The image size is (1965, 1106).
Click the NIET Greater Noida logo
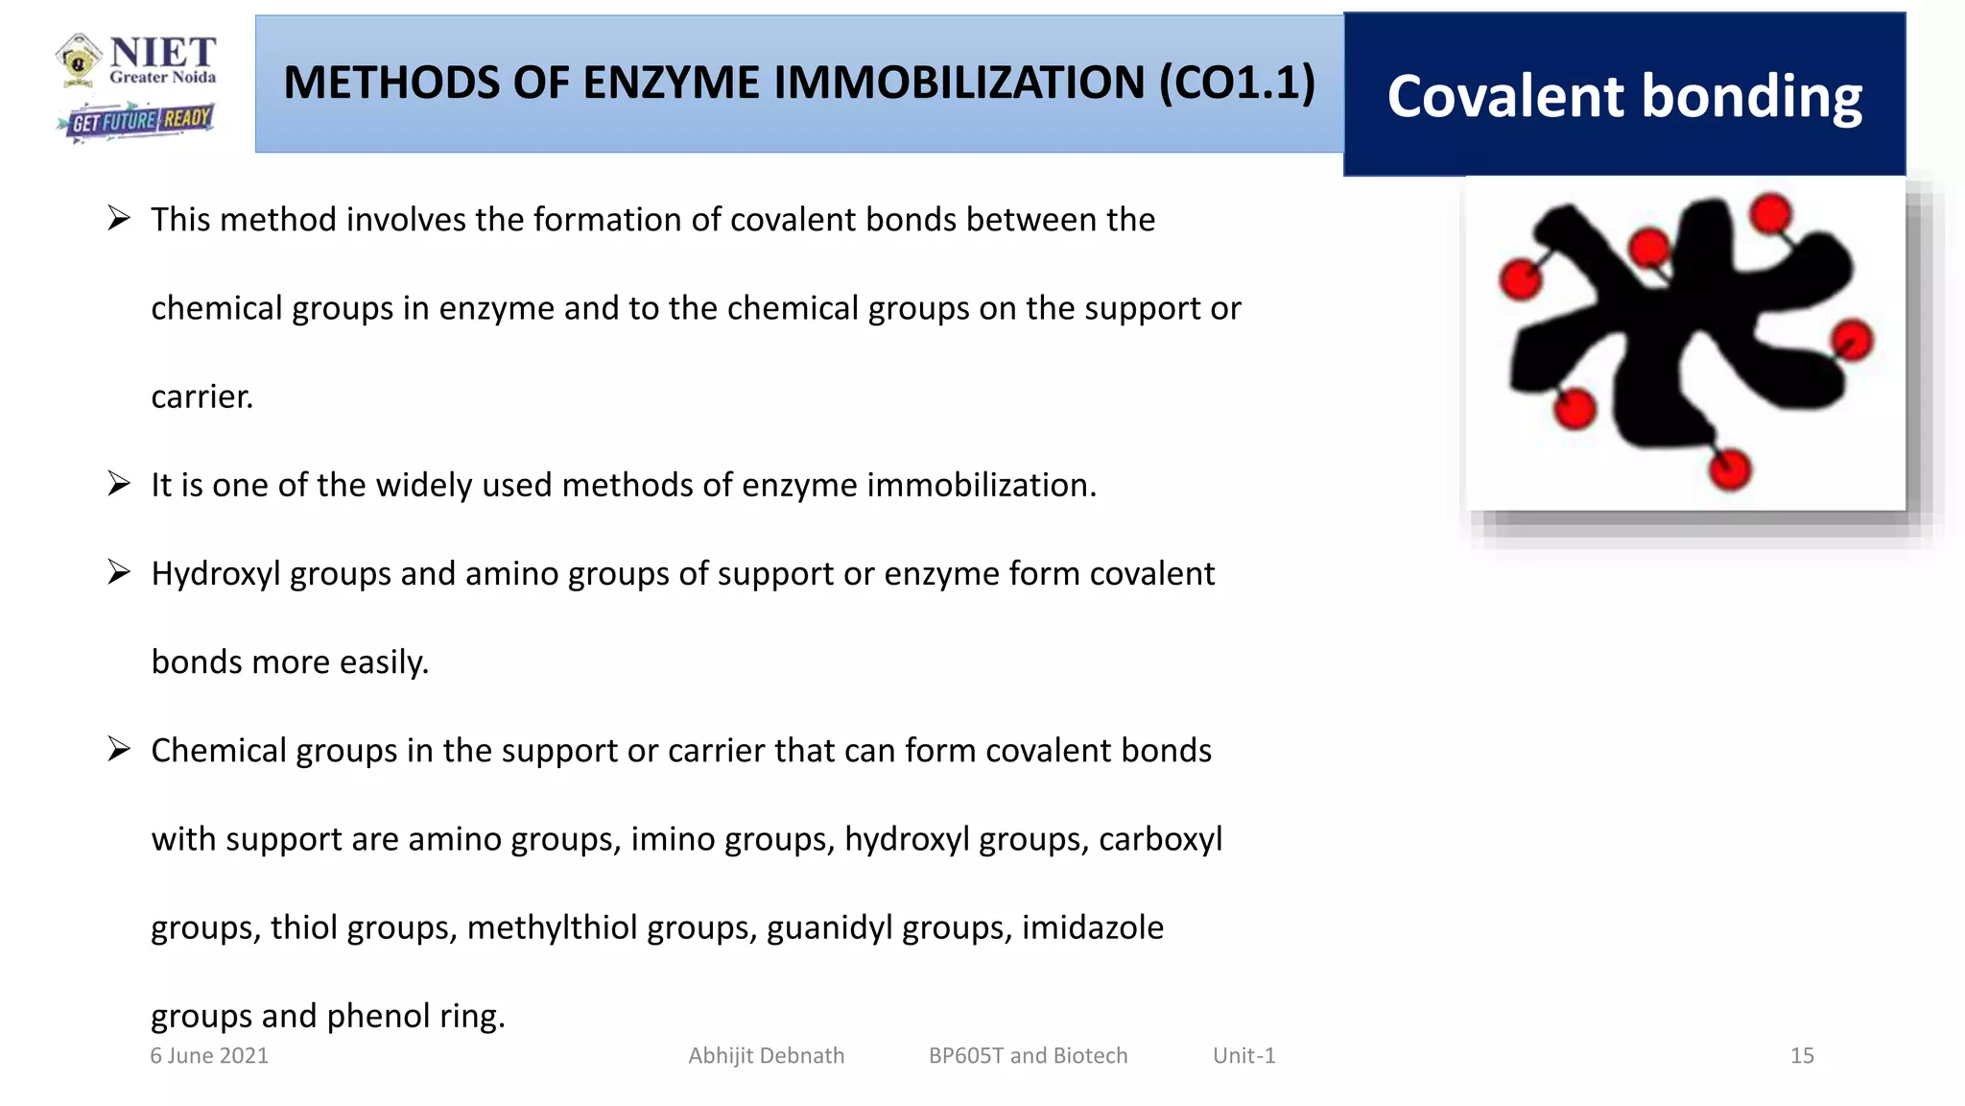click(x=136, y=60)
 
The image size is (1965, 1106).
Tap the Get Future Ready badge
click(x=136, y=121)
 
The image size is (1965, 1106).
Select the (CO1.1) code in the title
click(x=1238, y=83)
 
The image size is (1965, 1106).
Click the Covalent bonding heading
click(x=1623, y=96)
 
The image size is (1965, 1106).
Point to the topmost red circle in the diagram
click(x=1770, y=213)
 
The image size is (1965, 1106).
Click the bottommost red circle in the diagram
click(x=1730, y=469)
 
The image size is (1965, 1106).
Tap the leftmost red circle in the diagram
click(x=1521, y=280)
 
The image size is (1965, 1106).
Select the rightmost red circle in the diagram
click(x=1852, y=340)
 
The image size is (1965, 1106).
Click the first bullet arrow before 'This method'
click(x=119, y=219)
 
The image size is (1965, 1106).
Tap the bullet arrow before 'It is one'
click(x=119, y=484)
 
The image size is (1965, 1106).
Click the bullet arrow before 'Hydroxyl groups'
click(x=119, y=573)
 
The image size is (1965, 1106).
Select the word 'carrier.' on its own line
click(x=202, y=397)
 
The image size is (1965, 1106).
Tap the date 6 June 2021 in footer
click(x=209, y=1055)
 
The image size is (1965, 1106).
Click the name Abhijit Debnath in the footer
click(x=766, y=1055)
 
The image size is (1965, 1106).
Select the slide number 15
click(x=1801, y=1055)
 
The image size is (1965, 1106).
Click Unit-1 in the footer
click(x=1243, y=1055)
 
